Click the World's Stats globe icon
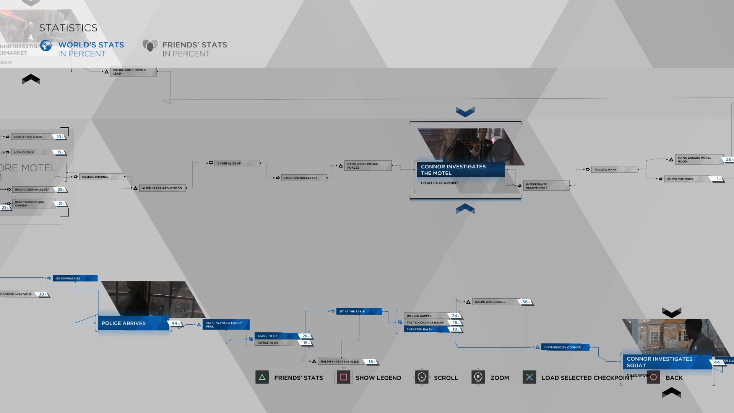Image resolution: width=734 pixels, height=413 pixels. pyautogui.click(x=46, y=46)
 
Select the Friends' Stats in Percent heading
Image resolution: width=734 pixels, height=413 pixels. pyautogui.click(x=194, y=49)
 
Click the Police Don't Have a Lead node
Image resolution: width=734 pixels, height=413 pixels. pyautogui.click(x=133, y=72)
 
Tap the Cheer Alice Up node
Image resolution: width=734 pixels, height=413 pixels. pyautogui.click(x=237, y=163)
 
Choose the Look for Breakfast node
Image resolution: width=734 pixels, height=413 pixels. pyautogui.click(x=304, y=178)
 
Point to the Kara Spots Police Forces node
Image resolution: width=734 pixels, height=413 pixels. pyautogui.click(x=368, y=166)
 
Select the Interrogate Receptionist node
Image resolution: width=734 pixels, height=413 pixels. pyautogui.click(x=546, y=186)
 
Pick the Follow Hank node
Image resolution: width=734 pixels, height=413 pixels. pyautogui.click(x=614, y=169)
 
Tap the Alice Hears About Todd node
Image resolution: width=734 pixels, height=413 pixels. pyautogui.click(x=162, y=188)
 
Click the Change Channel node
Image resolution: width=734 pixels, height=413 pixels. pyautogui.click(x=101, y=177)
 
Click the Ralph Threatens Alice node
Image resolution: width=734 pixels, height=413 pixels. pyautogui.click(x=340, y=361)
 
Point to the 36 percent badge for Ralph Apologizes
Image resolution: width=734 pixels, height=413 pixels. pyautogui.click(x=526, y=302)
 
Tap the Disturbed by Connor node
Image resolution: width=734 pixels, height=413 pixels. pyautogui.click(x=564, y=347)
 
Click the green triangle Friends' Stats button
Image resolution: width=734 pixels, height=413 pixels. pyautogui.click(x=262, y=377)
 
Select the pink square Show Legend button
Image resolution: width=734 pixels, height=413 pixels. pyautogui.click(x=343, y=377)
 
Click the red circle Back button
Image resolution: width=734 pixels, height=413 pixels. pyautogui.click(x=654, y=377)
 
